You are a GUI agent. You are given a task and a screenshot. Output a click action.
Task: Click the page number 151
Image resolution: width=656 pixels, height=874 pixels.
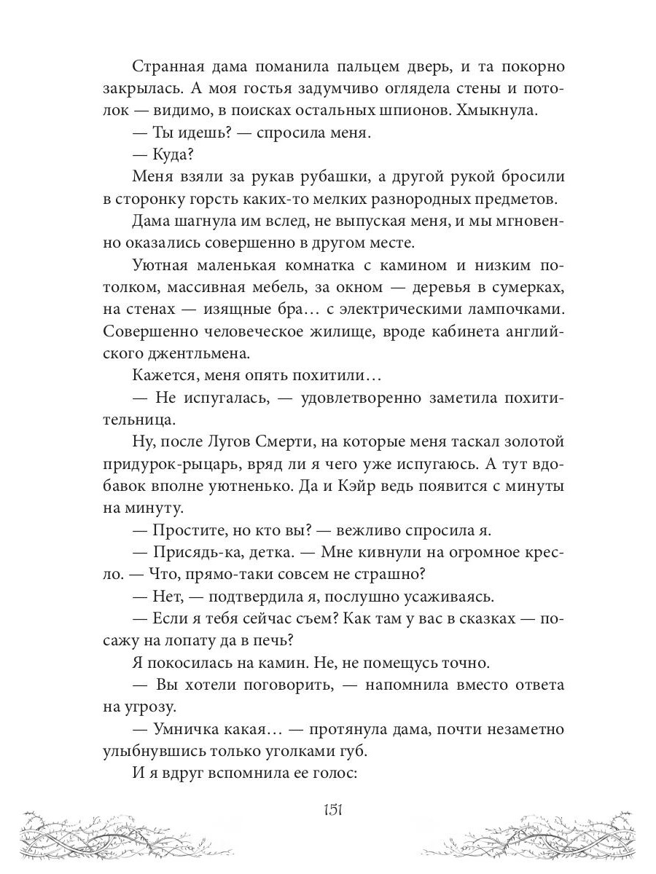coord(328,811)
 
